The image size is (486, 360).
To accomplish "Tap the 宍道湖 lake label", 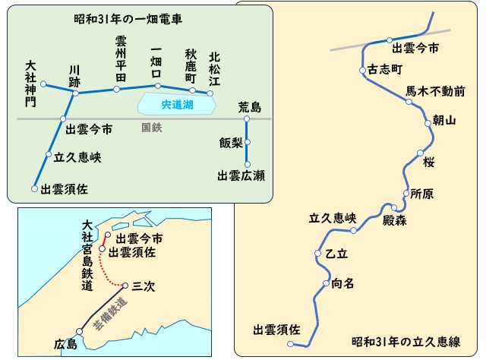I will coord(164,106).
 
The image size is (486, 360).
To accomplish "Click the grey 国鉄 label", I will coord(152,128).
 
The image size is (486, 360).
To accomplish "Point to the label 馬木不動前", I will coord(435,91).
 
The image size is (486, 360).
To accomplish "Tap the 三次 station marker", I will coord(126,286).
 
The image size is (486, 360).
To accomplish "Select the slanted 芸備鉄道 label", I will coord(107,314).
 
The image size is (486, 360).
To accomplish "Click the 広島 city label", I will coord(65,344).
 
